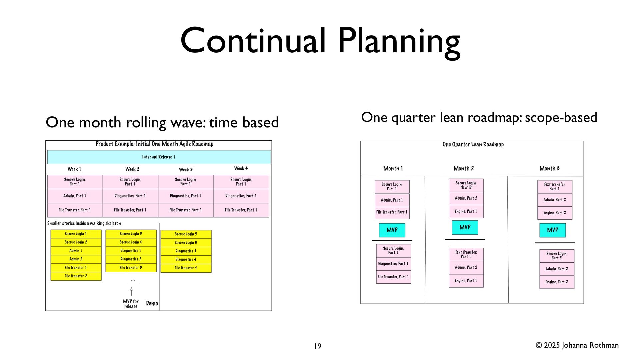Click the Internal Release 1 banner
[x=159, y=157]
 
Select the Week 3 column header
[x=186, y=169]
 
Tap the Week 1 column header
[x=74, y=169]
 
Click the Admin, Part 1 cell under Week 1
[x=75, y=196]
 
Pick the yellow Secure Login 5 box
[x=186, y=234]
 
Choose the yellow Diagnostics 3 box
[x=186, y=251]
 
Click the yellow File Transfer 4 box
[x=186, y=268]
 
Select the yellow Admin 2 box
[x=76, y=259]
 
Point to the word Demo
[x=152, y=303]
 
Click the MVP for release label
[x=131, y=304]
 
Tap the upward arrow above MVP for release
[x=131, y=291]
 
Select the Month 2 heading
[x=464, y=168]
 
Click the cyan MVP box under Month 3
[x=552, y=230]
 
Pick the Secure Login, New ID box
[x=466, y=185]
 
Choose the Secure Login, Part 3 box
[x=557, y=256]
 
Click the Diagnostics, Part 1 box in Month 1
[x=393, y=264]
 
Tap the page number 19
[x=318, y=346]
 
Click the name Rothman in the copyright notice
[x=604, y=345]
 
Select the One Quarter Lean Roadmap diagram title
[x=473, y=144]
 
